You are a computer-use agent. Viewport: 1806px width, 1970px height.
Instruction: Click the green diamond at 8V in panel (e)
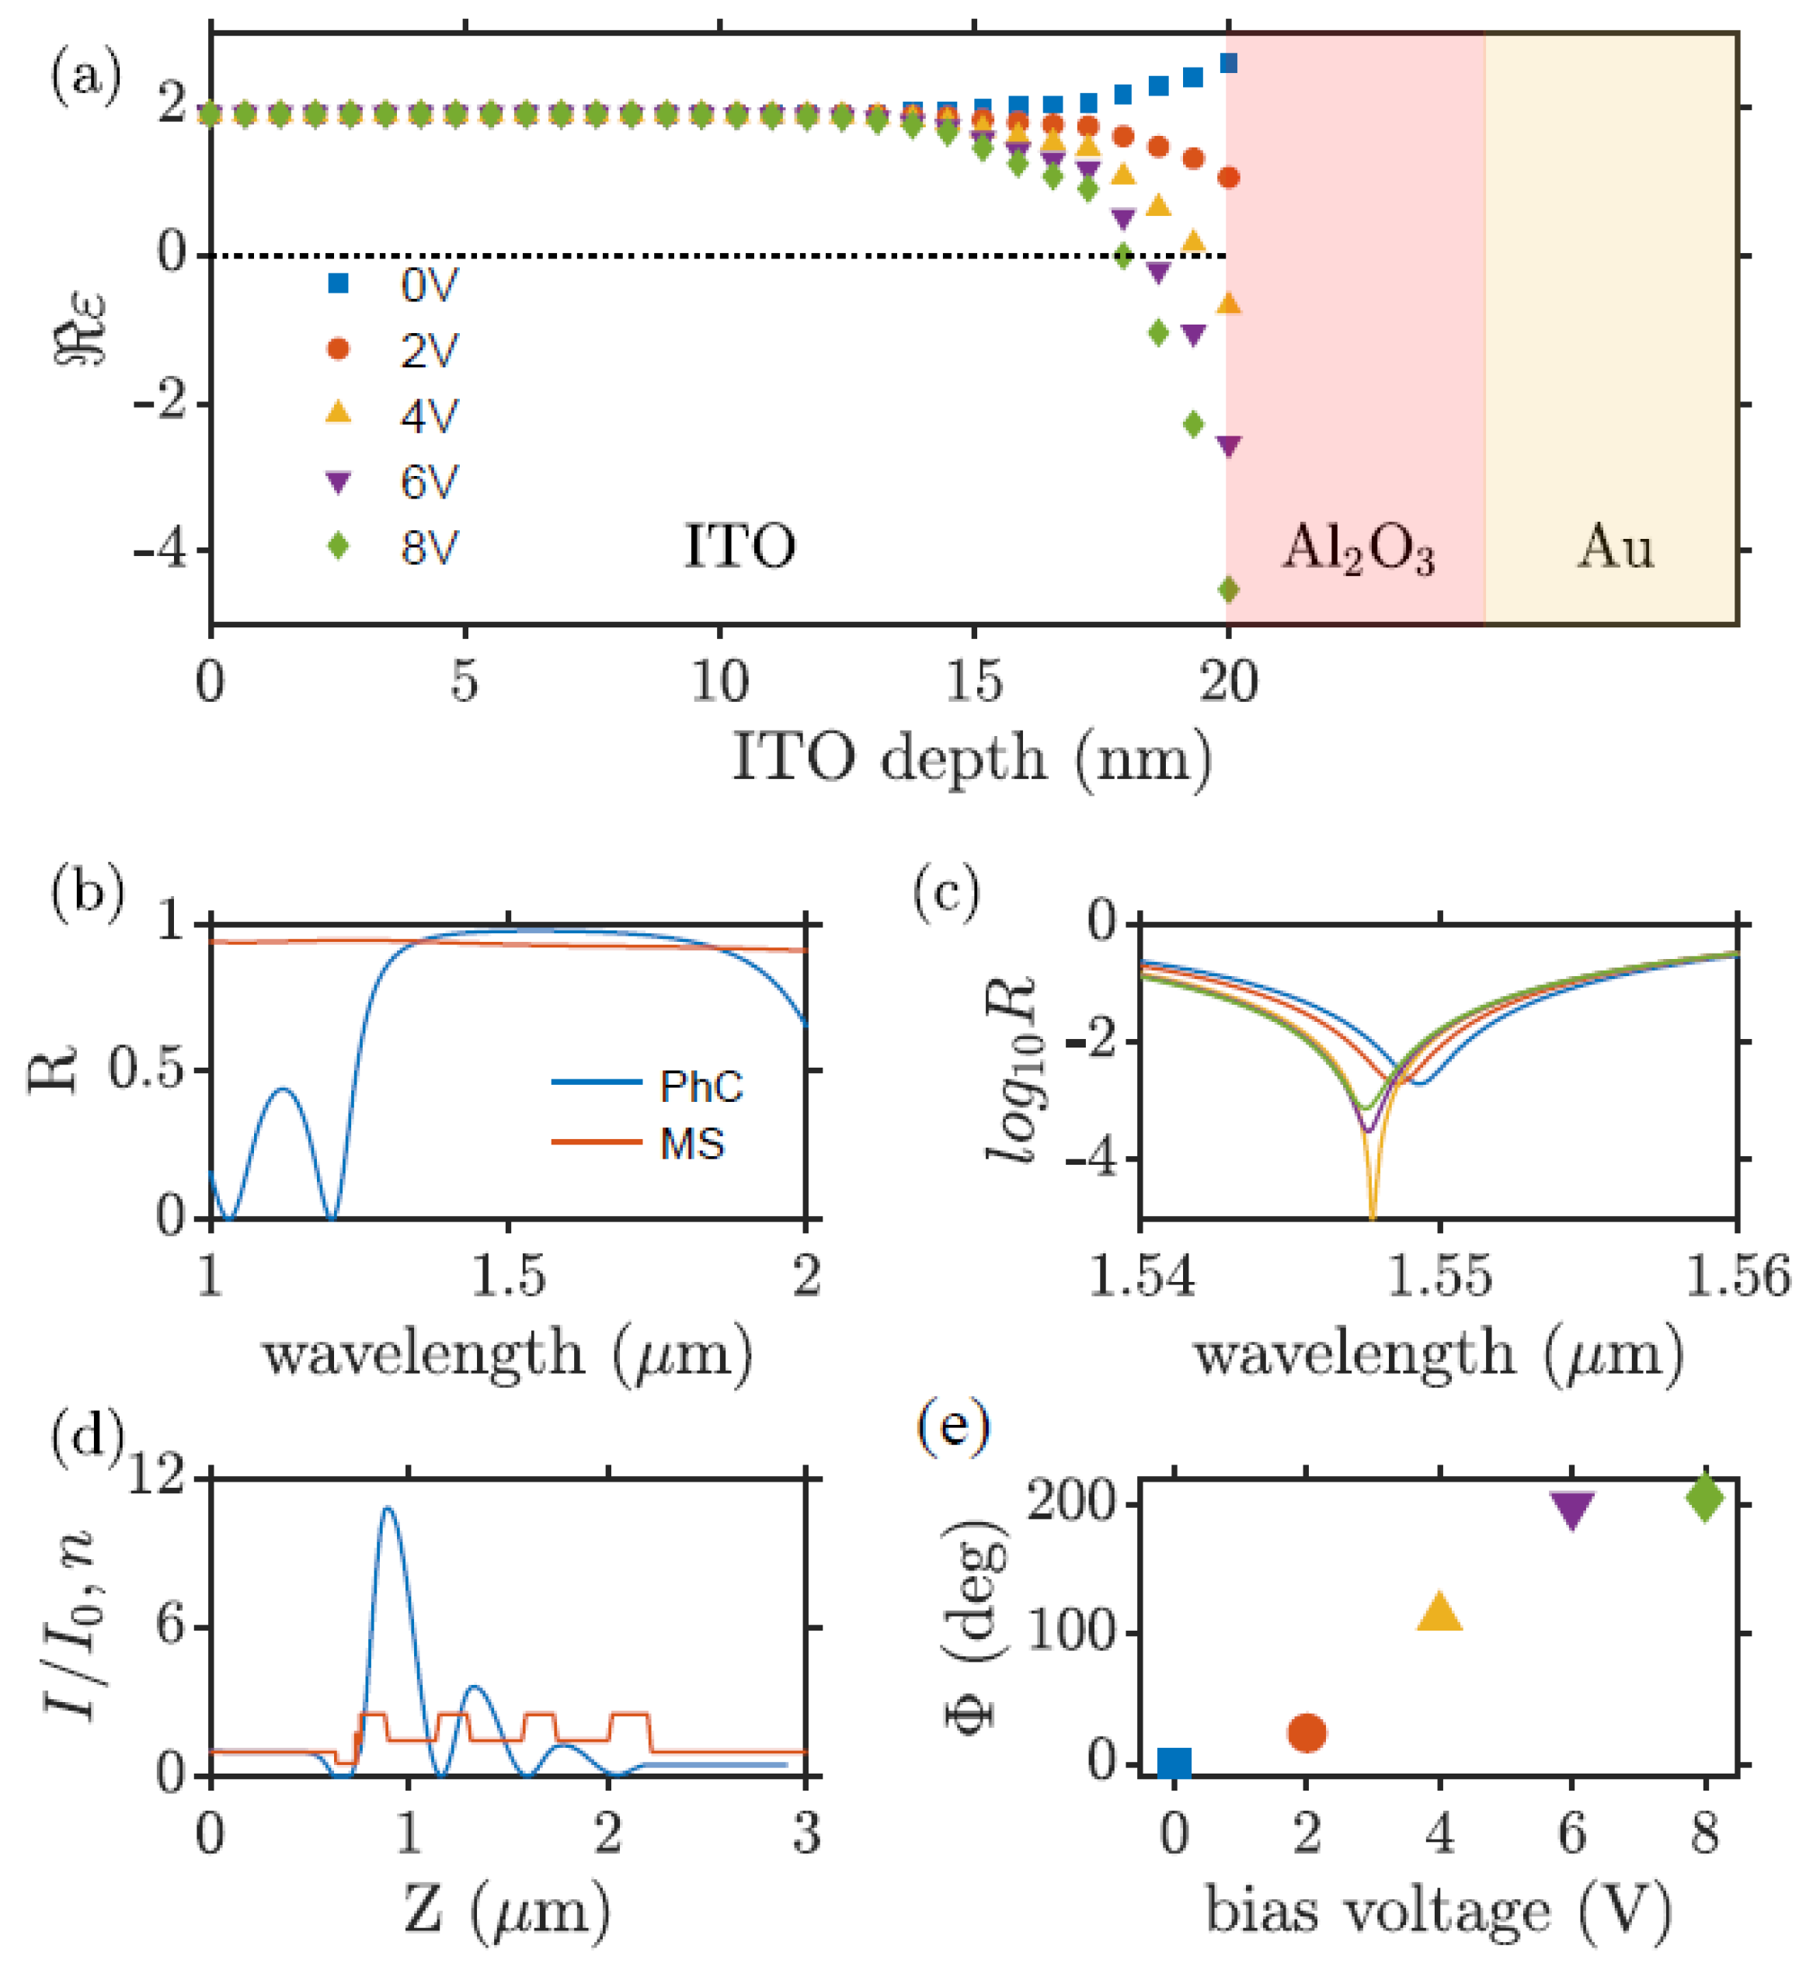1705,1498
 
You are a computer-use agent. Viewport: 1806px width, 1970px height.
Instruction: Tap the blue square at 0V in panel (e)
1174,1763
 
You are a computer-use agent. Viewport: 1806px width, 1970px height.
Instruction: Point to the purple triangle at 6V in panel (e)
1572,1510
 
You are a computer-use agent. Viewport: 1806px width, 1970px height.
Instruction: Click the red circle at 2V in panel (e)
1307,1732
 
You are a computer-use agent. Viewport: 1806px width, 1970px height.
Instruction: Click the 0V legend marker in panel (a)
338,284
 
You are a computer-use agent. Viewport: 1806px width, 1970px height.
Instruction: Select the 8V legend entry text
428,548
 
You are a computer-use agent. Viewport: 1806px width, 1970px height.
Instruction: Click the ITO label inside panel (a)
739,546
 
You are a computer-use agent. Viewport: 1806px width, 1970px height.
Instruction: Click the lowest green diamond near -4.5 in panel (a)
1228,589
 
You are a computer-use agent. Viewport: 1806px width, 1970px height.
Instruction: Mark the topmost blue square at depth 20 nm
1230,64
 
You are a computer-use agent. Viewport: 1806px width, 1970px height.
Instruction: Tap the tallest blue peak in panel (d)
388,1510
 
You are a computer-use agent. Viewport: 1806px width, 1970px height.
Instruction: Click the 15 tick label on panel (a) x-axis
973,682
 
